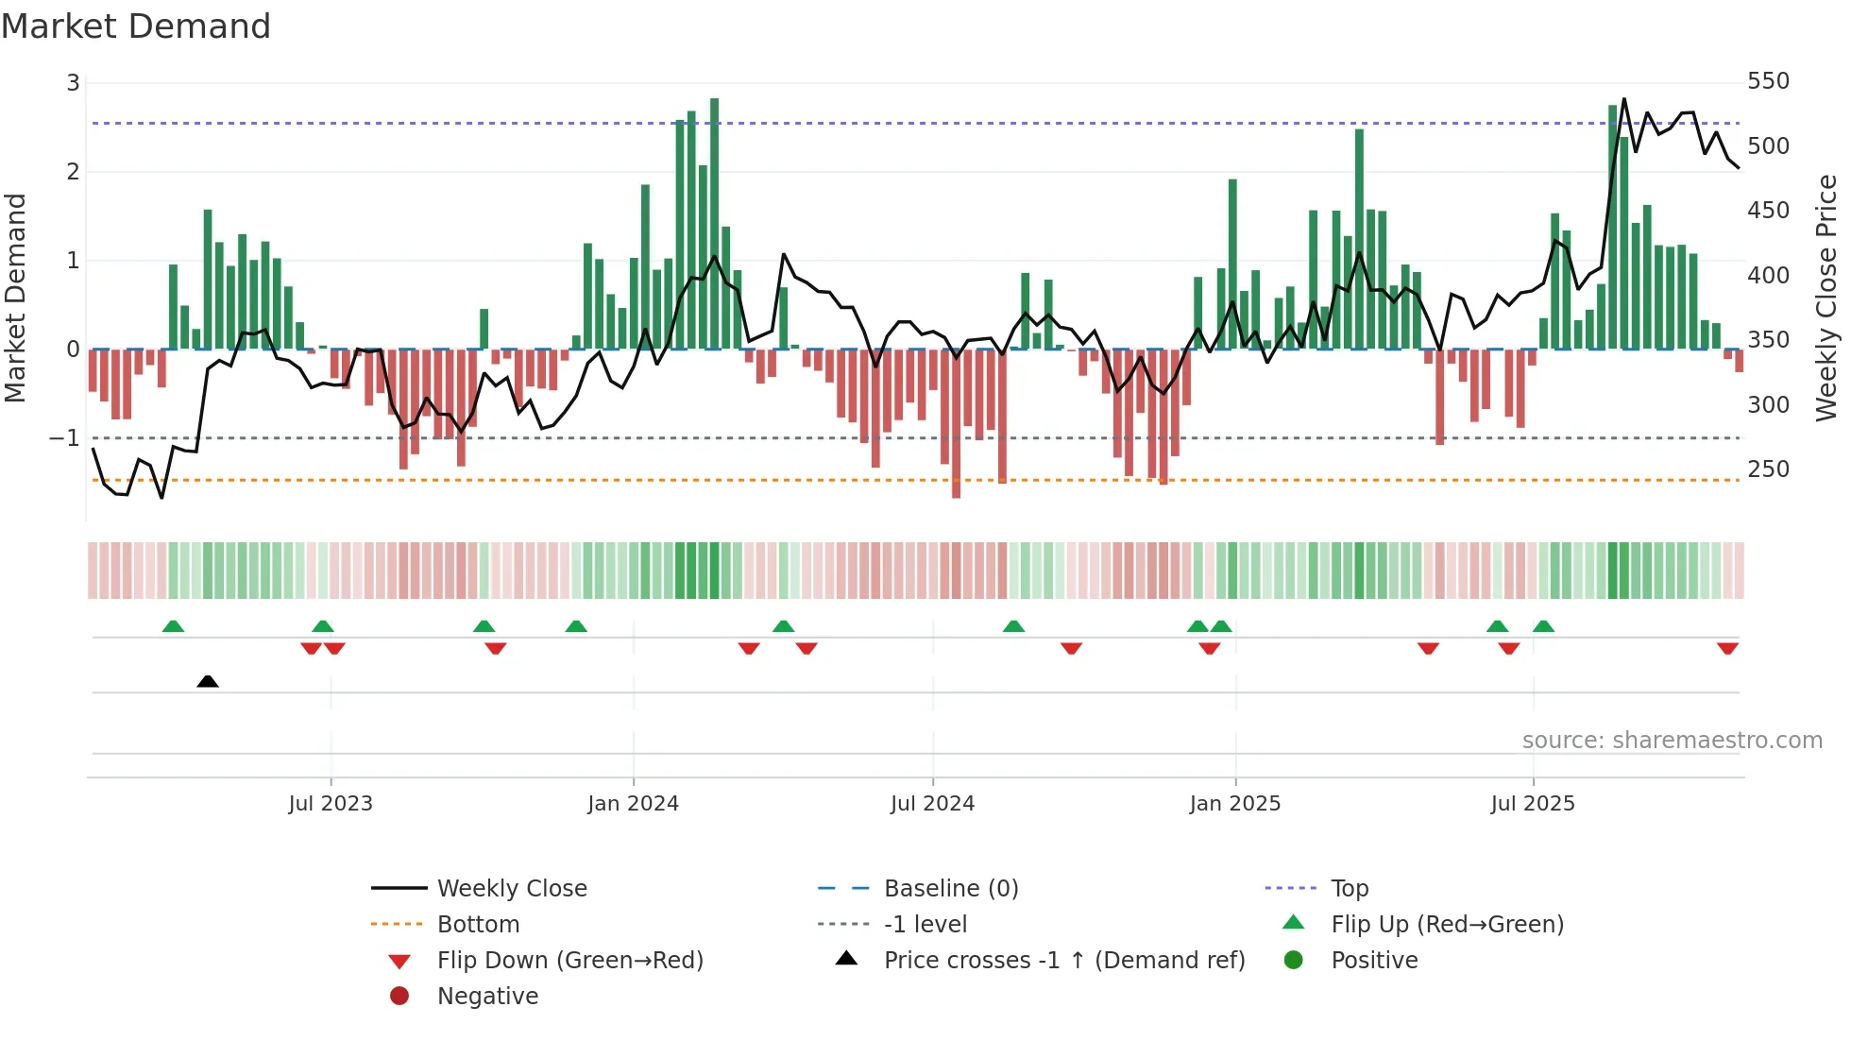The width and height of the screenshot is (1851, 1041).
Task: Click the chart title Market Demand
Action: (x=136, y=26)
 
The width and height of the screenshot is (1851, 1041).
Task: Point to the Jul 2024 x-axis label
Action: (x=932, y=804)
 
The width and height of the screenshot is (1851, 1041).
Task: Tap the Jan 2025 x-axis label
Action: (x=1234, y=804)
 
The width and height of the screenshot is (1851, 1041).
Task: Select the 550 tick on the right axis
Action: (x=1768, y=81)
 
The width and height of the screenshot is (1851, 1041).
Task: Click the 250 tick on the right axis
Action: (x=1768, y=469)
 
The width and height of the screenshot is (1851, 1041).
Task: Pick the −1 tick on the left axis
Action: (x=65, y=438)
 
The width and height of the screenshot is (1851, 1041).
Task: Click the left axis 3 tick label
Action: (x=73, y=83)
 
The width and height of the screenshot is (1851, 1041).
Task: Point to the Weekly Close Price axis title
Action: (x=1826, y=298)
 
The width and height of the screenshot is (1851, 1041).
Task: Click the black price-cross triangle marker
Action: (x=208, y=681)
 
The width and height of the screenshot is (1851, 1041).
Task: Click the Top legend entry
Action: (x=1350, y=889)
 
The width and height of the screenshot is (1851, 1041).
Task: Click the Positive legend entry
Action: (x=1374, y=961)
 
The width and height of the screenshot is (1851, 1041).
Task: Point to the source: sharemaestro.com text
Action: (x=1672, y=741)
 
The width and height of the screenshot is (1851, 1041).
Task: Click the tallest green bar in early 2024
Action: (x=714, y=223)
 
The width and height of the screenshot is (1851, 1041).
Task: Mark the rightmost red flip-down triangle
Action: (x=1727, y=648)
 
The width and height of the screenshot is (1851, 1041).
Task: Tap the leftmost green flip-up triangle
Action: (x=173, y=626)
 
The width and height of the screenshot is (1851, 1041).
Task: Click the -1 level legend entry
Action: (x=925, y=925)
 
